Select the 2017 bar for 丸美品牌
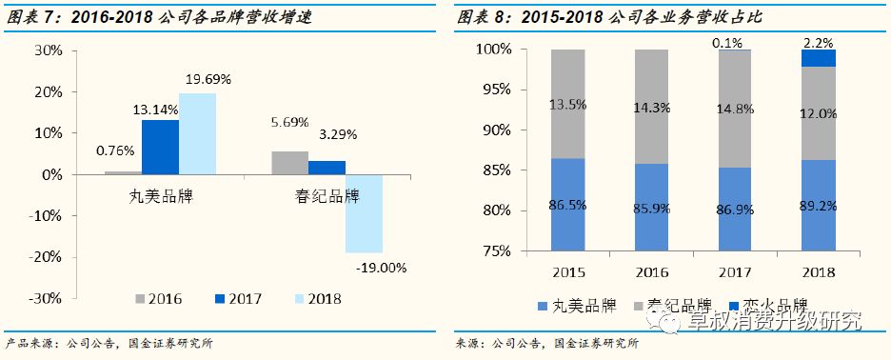click(159, 148)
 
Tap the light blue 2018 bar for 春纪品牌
click(363, 214)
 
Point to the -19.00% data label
click(382, 267)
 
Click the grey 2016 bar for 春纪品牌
click(289, 163)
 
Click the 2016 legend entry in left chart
click(157, 298)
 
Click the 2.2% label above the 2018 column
click(819, 42)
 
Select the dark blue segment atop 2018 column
click(818, 59)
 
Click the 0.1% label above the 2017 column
click(735, 42)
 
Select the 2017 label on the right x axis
click(735, 272)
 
